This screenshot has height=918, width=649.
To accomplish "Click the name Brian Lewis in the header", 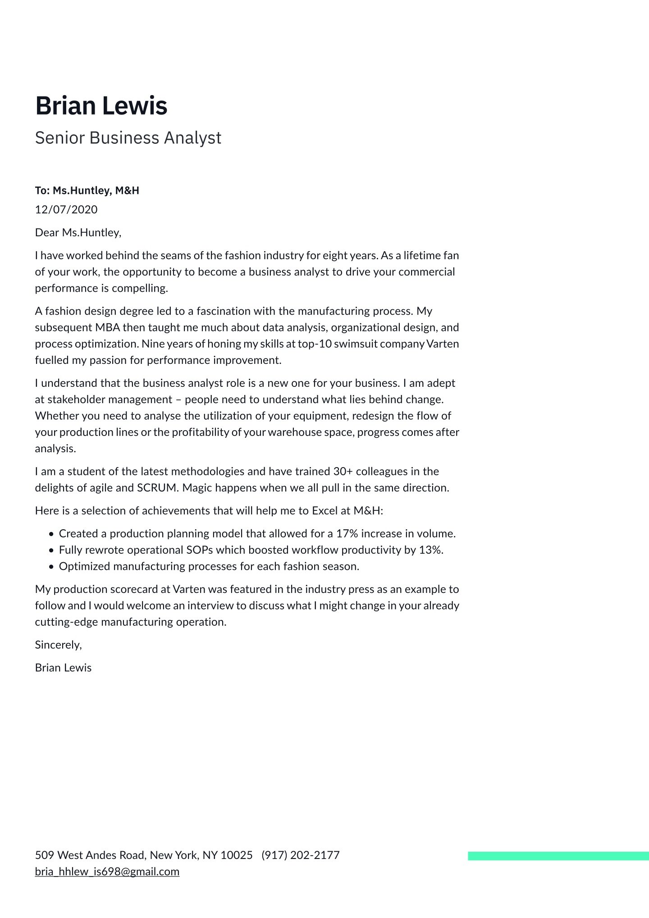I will (101, 106).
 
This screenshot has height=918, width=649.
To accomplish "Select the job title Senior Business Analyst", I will (128, 138).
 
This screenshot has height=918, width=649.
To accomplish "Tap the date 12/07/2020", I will (66, 210).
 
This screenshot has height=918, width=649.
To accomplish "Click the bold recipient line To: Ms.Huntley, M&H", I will (87, 191).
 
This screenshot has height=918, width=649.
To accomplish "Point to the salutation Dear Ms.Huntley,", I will (78, 233).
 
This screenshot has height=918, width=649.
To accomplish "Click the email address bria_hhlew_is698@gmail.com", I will (107, 872).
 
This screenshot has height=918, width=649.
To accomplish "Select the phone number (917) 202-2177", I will (301, 855).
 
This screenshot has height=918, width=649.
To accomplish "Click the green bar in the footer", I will (558, 856).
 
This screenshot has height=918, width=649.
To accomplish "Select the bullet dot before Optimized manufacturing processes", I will (51, 567).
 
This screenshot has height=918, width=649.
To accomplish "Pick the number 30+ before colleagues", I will (343, 472).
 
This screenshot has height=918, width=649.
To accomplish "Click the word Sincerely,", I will (59, 645).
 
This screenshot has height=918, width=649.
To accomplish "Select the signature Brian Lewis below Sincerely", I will (63, 668).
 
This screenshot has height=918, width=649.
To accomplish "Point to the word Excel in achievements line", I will (324, 511).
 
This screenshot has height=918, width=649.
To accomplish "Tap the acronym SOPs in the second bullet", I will (200, 550).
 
